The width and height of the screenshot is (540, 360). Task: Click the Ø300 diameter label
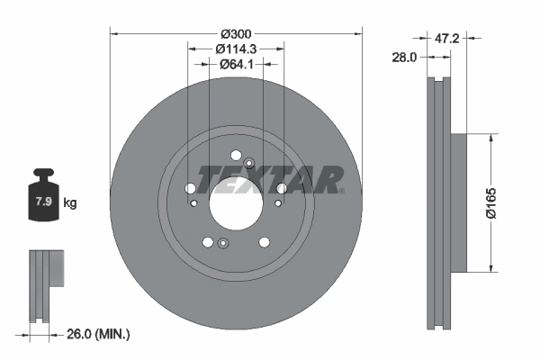pos(236,34)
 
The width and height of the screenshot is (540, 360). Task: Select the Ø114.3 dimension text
pos(236,49)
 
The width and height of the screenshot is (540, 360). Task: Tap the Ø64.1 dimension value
pos(236,64)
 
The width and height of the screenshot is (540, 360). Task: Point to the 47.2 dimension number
pos(446,38)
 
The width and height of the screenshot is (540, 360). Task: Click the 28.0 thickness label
pos(404,58)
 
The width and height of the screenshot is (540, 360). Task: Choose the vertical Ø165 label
pos(491,202)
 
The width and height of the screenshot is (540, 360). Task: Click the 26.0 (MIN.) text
pos(98,334)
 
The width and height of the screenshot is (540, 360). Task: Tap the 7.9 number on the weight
pos(44,202)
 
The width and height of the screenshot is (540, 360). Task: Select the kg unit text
pos(70,202)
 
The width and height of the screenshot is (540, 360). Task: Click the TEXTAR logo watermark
pos(270,180)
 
